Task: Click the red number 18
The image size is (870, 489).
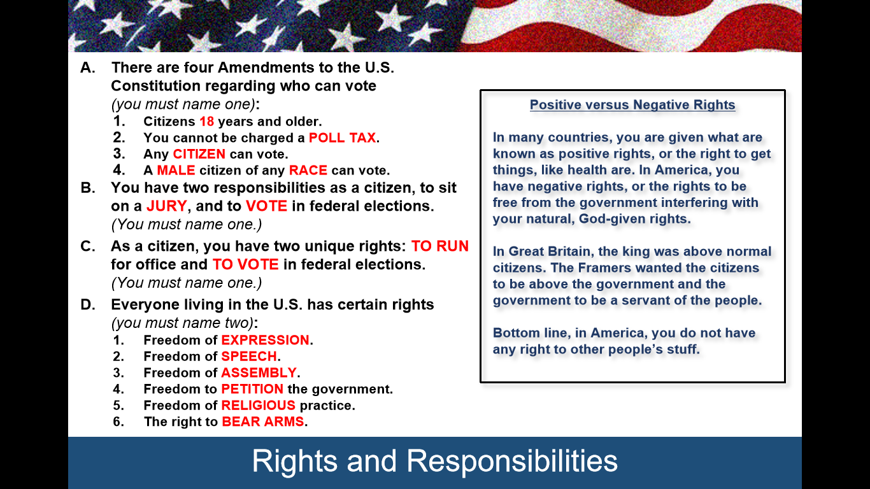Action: point(206,122)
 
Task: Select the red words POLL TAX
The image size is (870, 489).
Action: point(342,138)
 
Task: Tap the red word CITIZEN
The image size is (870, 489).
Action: point(199,154)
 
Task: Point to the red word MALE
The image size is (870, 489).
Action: point(176,171)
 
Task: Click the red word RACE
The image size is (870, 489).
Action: point(308,171)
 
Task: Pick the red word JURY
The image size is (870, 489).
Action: point(167,206)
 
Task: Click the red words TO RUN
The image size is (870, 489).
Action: point(440,246)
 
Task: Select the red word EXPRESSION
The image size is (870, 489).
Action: point(266,340)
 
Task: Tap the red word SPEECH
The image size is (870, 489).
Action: point(249,357)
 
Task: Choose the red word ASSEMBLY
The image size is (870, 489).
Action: point(259,373)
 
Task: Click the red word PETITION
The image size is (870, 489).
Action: point(252,389)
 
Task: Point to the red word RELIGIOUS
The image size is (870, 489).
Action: point(259,406)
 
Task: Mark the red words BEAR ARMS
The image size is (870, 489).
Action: point(263,422)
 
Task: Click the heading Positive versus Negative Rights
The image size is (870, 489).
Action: point(632,105)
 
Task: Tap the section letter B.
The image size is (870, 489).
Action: point(88,188)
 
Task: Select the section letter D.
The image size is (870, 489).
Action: point(88,305)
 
